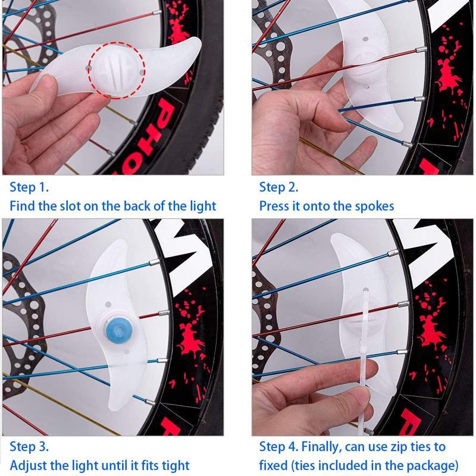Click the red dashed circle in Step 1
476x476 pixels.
coord(117,68)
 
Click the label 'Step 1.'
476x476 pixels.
coord(29,187)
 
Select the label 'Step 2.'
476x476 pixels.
coord(278,187)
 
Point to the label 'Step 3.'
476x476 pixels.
coord(29,446)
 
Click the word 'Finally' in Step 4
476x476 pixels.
coord(326,446)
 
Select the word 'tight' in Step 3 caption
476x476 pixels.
coord(174,465)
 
